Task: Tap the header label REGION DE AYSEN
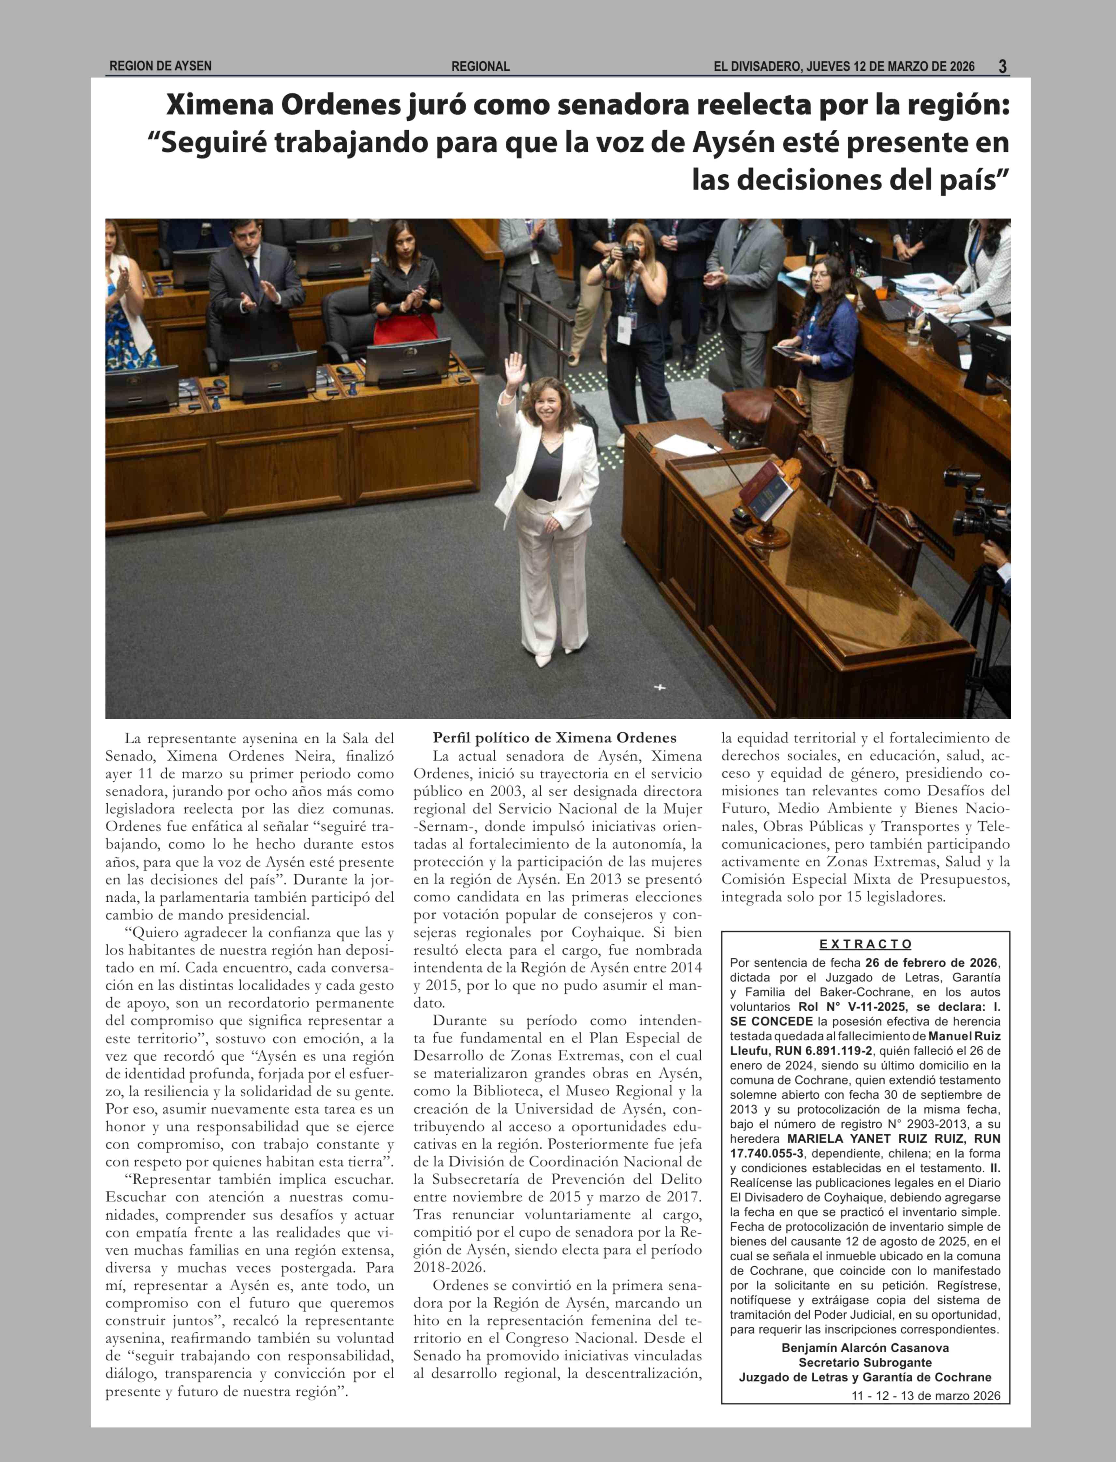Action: click(x=160, y=66)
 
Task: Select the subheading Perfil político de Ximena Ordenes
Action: click(x=555, y=738)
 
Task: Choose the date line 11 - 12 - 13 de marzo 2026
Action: click(x=925, y=1396)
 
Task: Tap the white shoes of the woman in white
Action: click(x=553, y=657)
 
